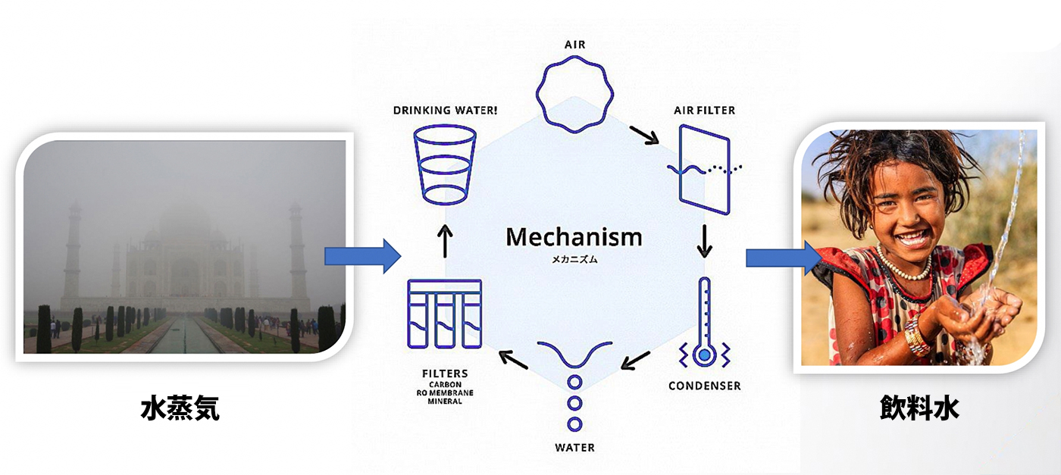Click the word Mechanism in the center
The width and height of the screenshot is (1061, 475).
(x=574, y=237)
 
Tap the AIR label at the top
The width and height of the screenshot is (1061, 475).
(x=574, y=45)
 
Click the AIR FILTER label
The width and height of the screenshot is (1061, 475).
(x=704, y=111)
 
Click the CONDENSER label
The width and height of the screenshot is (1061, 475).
(x=704, y=386)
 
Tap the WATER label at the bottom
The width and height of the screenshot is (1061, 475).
(x=574, y=447)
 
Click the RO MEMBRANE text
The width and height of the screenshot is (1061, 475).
(x=445, y=392)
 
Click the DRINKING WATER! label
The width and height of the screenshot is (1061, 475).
(x=445, y=111)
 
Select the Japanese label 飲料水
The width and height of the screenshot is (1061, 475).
(x=919, y=408)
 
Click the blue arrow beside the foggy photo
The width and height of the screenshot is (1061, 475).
(x=362, y=256)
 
